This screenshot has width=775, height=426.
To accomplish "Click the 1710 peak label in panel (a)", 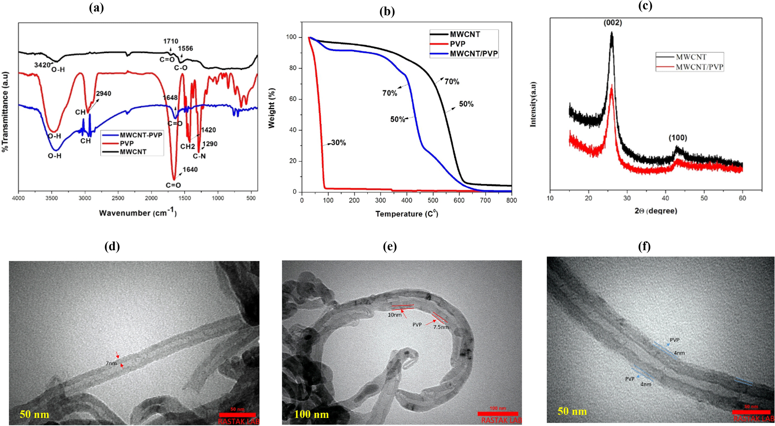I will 170,41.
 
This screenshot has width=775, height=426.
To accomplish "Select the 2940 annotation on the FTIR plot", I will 103,94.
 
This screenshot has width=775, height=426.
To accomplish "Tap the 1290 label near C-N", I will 210,144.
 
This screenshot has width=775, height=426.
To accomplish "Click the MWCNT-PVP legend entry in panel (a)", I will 141,135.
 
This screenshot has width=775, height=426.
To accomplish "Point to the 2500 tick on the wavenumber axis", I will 118,198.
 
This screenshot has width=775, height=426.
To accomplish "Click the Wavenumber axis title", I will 138,213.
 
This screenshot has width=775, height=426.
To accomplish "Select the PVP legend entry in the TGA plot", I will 457,44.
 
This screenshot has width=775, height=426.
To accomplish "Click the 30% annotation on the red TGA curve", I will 338,143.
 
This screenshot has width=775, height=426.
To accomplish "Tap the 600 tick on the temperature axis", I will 459,200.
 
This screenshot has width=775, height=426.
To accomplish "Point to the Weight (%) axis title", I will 272,108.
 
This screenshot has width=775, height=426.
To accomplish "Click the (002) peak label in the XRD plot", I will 613,23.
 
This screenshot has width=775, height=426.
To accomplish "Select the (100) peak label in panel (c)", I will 677,138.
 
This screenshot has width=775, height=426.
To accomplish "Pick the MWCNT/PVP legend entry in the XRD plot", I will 699,67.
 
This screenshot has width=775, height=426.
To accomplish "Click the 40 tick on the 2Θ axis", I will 665,198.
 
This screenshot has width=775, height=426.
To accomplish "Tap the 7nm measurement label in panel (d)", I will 111,363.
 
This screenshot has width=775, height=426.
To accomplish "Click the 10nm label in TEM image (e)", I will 394,315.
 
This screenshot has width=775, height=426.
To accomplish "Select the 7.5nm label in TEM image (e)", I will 441,327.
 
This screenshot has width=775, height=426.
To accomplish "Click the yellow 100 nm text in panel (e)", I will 311,414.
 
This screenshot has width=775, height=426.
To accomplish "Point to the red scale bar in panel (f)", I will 751,412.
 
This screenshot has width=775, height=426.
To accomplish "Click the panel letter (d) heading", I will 112,247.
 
